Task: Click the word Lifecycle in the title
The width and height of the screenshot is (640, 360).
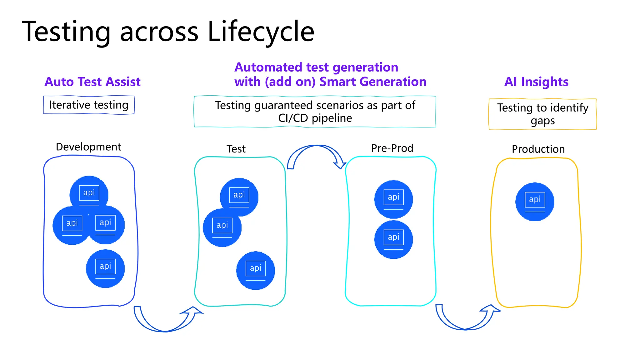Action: point(261,32)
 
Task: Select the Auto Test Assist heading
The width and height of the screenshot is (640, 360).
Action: point(92,82)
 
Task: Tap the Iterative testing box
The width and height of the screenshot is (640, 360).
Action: point(89,105)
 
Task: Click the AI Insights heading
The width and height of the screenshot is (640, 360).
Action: point(536,82)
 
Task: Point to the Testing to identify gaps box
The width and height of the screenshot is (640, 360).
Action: point(542,114)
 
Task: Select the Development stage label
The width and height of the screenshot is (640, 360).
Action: point(88,147)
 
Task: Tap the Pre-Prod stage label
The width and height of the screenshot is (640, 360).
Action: point(392,148)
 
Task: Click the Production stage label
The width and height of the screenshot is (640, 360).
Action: point(538,149)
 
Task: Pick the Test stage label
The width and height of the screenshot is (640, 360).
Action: point(236,149)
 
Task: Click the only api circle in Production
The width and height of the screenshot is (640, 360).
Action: point(534,202)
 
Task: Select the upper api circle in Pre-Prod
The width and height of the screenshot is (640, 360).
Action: point(393,199)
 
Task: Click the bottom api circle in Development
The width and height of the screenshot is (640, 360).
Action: point(105,268)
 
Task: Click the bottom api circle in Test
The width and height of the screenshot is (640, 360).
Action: point(255,271)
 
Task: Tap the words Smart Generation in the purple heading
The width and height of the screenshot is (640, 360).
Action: point(373,82)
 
